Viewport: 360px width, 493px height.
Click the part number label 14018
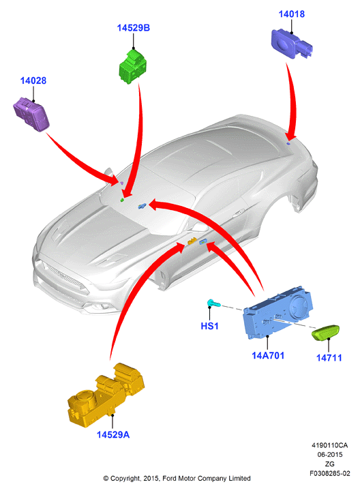pos(291,14)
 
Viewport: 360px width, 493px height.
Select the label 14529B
pos(134,28)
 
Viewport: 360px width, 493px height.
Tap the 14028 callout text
pos(33,81)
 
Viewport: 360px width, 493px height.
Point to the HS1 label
pos(209,326)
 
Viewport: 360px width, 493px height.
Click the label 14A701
pos(268,356)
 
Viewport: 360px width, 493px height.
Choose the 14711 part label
pos(329,358)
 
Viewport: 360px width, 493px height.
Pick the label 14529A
pos(113,435)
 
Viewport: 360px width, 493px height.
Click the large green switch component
pos(133,67)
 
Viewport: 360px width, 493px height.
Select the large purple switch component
pos(31,114)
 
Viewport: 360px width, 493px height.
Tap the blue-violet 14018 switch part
pos(292,44)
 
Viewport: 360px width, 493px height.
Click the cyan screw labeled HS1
pos(214,303)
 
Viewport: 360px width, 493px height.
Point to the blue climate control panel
pos(277,312)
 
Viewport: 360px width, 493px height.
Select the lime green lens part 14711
pos(325,332)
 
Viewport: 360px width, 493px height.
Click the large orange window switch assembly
pos(106,395)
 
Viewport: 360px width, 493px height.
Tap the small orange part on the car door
pos(192,241)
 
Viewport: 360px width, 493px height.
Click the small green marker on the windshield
pos(122,200)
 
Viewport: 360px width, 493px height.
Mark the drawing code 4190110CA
pos(329,445)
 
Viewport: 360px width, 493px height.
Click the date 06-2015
pos(329,455)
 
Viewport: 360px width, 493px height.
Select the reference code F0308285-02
pos(329,473)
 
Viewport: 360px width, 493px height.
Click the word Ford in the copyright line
pos(169,479)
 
